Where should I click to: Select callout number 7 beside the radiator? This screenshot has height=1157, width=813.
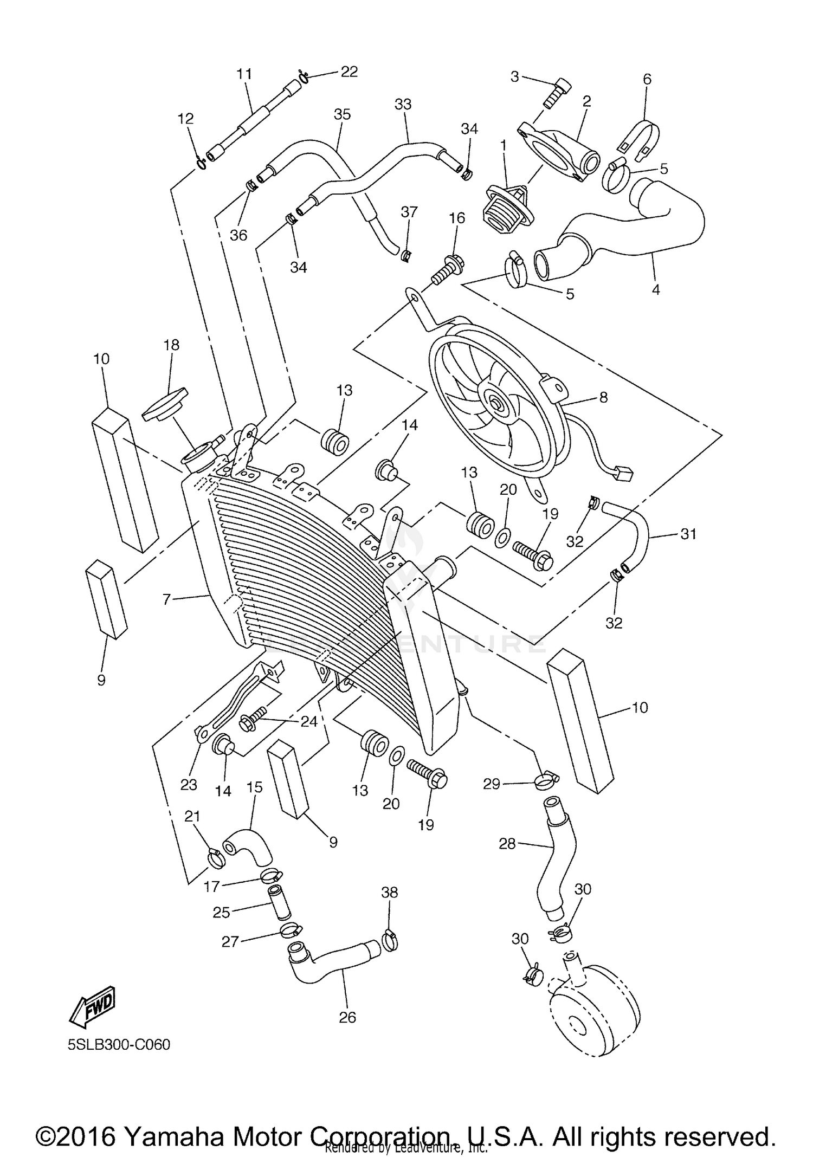point(166,599)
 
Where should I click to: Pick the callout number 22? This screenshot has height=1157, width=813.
point(349,72)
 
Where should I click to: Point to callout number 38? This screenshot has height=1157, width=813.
point(389,891)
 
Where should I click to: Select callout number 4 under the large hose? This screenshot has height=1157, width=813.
point(655,289)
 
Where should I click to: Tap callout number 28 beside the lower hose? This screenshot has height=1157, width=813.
point(507,843)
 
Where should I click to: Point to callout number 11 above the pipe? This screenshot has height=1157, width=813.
point(244,74)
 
